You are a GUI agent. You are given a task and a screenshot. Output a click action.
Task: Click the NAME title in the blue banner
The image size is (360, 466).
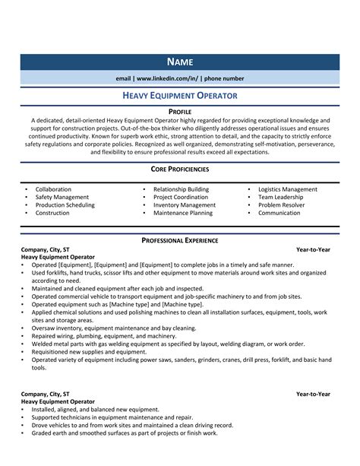tap(180, 62)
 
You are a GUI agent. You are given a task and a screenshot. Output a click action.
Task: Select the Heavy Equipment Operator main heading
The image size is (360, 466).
tap(180, 95)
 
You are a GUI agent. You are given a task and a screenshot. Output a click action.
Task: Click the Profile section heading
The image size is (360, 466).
tap(180, 111)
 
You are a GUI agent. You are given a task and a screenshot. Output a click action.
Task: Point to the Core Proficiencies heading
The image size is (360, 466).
tap(180, 169)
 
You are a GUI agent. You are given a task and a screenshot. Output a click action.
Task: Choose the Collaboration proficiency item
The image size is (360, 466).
tap(53, 189)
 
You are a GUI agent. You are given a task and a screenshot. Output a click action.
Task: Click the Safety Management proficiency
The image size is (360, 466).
tap(62, 197)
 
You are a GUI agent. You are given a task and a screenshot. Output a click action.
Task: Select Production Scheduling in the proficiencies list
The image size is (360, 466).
tap(65, 205)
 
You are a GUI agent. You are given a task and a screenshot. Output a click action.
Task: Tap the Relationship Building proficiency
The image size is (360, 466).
tap(181, 189)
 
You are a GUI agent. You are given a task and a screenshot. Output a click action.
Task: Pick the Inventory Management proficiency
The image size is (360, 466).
tap(184, 205)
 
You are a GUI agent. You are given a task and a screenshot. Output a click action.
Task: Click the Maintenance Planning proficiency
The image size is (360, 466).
tap(183, 213)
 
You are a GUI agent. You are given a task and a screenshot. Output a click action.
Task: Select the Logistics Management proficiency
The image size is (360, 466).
tap(288, 189)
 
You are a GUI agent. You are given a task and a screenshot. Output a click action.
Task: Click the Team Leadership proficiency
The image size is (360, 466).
tap(280, 197)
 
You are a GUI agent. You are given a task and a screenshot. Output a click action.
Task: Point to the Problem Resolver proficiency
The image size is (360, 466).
tap(281, 205)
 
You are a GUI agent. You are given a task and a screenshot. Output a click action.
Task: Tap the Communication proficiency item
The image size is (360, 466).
tap(279, 213)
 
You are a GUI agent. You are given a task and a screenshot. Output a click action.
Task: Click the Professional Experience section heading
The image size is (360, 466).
tap(180, 240)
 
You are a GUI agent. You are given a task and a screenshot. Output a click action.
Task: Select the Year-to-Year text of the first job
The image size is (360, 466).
tap(313, 249)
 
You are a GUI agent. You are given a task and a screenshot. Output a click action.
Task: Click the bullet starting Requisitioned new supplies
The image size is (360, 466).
tap(89, 352)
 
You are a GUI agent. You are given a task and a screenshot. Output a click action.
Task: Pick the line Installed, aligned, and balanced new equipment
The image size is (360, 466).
tap(95, 410)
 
